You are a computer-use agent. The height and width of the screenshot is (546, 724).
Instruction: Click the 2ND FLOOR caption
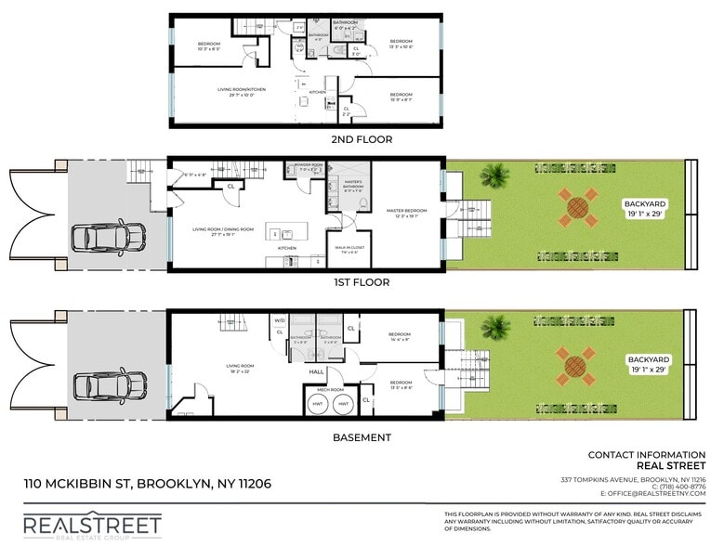click(x=362, y=139)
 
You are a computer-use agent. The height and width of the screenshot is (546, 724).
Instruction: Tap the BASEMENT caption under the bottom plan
click(x=362, y=436)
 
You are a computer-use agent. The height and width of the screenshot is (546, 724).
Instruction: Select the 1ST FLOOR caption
click(x=362, y=282)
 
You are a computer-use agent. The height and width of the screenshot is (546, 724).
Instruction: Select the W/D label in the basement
click(x=279, y=320)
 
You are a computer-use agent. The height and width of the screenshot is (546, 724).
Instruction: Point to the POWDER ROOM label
click(x=308, y=165)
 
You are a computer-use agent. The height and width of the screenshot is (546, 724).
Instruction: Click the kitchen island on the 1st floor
click(x=283, y=231)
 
